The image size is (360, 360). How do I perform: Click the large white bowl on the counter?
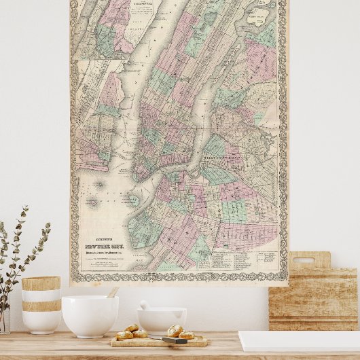[90, 315]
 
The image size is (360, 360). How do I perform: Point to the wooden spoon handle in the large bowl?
[112, 292]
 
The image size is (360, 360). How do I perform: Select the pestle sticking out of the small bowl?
[145, 305]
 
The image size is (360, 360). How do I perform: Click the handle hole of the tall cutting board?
[309, 259]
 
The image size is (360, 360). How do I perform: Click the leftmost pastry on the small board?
[124, 334]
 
